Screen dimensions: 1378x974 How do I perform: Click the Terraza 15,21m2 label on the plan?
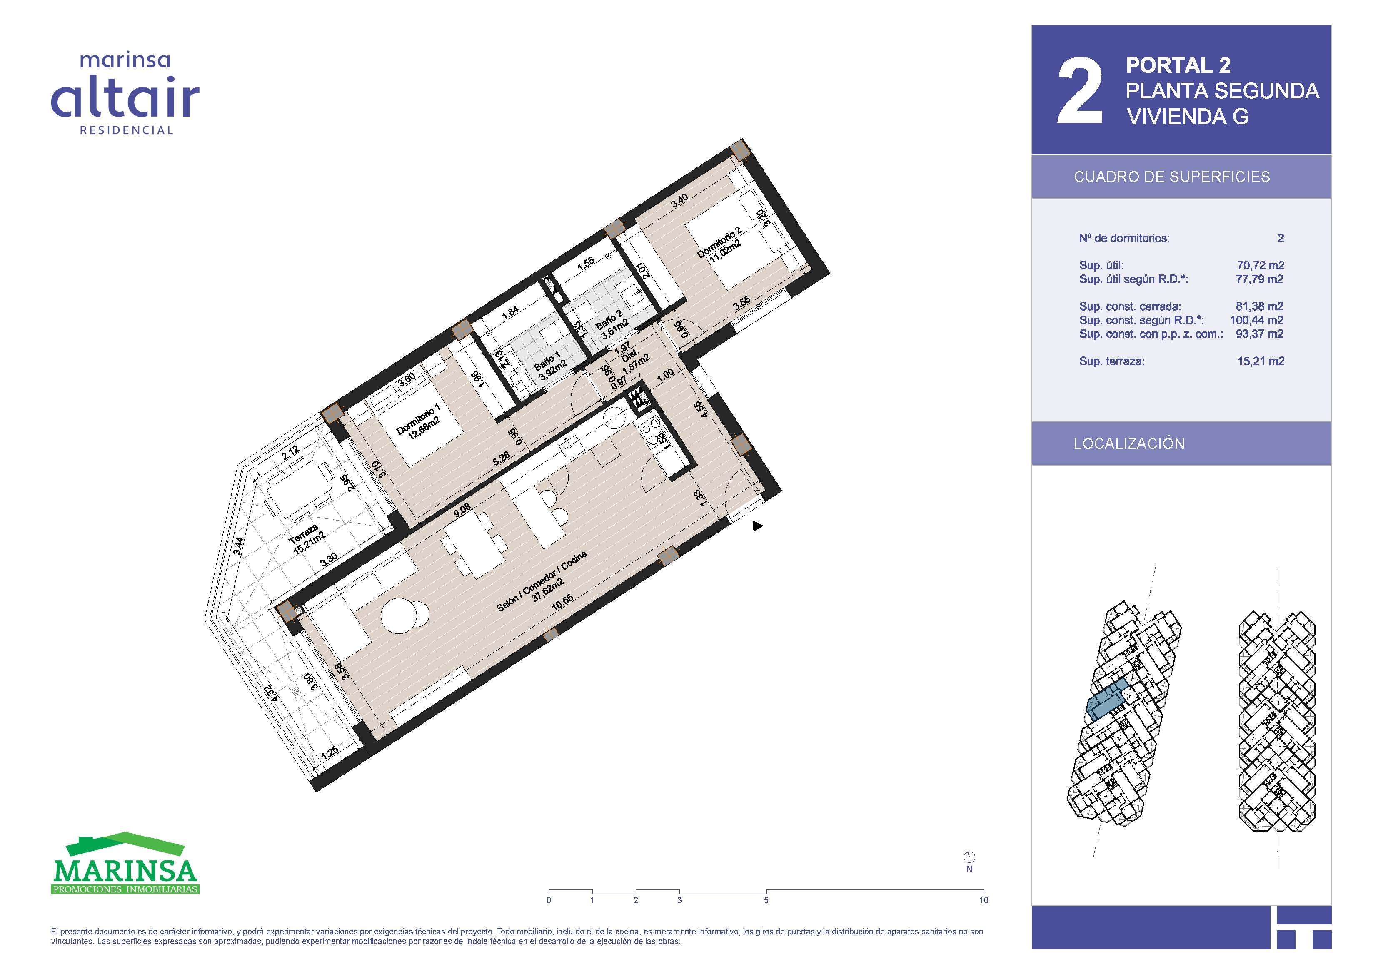306,539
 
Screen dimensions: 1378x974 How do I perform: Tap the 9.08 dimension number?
462,510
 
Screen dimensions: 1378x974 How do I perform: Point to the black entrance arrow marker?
757,526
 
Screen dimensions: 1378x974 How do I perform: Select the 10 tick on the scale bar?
983,900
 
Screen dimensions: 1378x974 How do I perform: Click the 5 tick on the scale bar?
766,900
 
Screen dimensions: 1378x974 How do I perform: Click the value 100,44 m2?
1257,320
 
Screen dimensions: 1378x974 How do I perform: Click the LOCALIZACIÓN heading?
1129,443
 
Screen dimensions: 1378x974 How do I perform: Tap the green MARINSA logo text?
125,871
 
